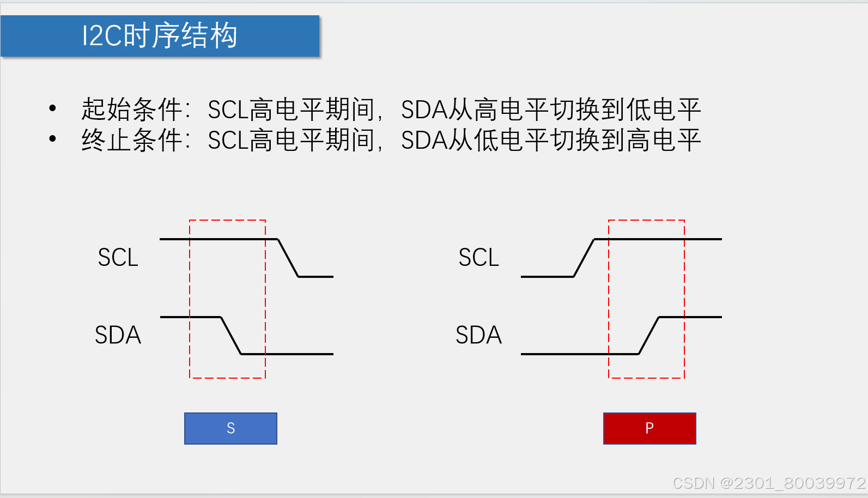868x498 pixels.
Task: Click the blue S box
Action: point(230,428)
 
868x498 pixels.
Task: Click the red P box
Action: point(649,428)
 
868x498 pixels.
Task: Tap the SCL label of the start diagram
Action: point(118,258)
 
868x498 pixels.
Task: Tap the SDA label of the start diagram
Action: point(118,335)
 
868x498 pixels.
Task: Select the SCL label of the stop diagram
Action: point(478,258)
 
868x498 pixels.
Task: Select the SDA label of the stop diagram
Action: point(478,335)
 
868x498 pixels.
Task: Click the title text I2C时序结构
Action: point(159,36)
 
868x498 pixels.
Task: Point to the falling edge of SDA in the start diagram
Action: point(230,336)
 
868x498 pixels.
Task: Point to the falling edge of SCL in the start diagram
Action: point(288,258)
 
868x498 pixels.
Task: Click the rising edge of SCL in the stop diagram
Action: point(584,258)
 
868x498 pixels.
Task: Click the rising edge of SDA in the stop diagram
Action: point(648,336)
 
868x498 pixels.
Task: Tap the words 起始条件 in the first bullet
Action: point(131,110)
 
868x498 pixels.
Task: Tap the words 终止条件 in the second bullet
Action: point(131,140)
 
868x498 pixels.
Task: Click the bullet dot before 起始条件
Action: point(52,108)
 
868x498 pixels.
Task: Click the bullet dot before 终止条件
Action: point(52,139)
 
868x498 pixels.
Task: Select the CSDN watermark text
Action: point(768,483)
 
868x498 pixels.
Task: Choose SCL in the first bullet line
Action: point(228,110)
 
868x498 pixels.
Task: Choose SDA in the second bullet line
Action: point(424,141)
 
